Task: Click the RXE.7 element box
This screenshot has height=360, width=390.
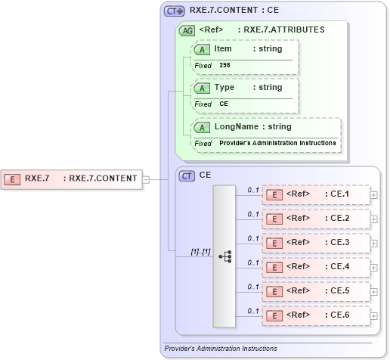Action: [x=72, y=179]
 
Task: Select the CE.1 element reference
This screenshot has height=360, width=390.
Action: [x=315, y=194]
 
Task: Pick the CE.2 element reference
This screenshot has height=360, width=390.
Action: [x=315, y=219]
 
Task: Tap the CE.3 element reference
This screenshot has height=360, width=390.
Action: [x=315, y=243]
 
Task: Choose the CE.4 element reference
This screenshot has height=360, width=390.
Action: [x=315, y=267]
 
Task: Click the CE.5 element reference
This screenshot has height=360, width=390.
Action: [x=315, y=291]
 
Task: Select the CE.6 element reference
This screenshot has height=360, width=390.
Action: [x=315, y=315]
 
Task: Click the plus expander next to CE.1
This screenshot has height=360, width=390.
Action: [x=374, y=195]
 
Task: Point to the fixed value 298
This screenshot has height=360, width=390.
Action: [x=225, y=66]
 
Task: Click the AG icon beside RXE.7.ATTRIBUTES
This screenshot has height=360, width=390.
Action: [x=186, y=31]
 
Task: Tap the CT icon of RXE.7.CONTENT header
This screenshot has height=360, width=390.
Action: [x=175, y=11]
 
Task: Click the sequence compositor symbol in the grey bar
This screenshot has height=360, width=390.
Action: [x=225, y=256]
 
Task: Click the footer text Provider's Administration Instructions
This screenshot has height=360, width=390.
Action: [x=221, y=349]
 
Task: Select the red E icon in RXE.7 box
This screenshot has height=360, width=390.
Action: [x=13, y=179]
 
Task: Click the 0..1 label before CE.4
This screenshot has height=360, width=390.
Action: [x=253, y=262]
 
